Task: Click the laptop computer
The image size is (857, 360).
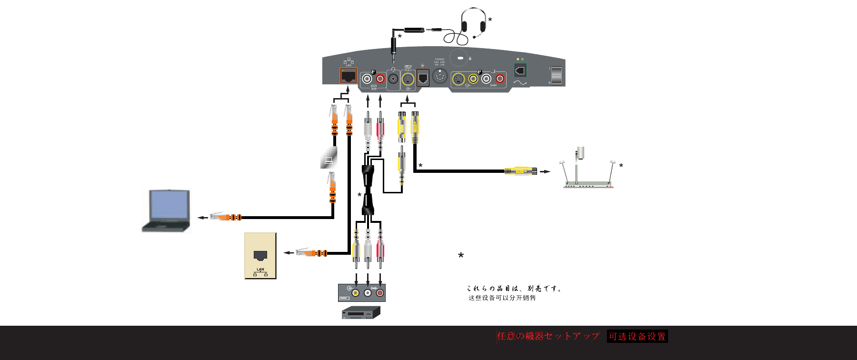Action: [x=166, y=210]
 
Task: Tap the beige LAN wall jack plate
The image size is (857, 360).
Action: [x=260, y=256]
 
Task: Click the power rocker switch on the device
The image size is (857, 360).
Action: [x=556, y=75]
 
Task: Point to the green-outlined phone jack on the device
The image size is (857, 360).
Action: [x=520, y=70]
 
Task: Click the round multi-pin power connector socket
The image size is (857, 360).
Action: [x=440, y=76]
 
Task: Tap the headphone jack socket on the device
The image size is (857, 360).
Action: [x=393, y=79]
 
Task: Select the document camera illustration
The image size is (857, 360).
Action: [x=588, y=169]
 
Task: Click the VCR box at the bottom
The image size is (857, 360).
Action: [x=361, y=313]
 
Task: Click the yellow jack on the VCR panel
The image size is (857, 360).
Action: [x=356, y=292]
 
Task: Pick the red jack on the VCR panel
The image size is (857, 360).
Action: [x=380, y=292]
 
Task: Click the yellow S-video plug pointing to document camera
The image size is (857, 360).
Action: [x=521, y=171]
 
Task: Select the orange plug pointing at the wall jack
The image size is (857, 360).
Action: [x=311, y=252]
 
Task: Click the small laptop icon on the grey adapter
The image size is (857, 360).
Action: [x=329, y=160]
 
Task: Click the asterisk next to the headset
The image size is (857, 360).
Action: [x=490, y=20]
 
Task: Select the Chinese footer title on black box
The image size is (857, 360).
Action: [x=637, y=336]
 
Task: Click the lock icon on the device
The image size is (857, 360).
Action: [x=470, y=58]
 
